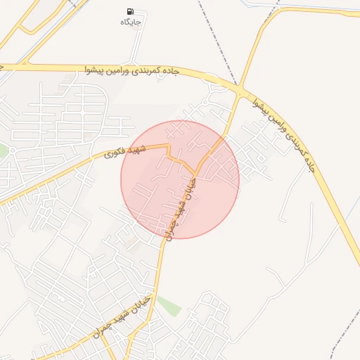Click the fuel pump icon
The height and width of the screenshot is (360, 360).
coord(131,12)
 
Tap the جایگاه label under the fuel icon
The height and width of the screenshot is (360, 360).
coord(131,22)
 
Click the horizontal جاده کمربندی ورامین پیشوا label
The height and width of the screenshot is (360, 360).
coord(133,71)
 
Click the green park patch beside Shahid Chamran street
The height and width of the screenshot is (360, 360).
coord(168,306)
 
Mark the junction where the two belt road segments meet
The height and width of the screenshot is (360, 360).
coord(240,91)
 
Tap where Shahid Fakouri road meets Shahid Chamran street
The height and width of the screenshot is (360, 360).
coord(195,174)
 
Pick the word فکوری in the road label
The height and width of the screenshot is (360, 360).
coord(115,154)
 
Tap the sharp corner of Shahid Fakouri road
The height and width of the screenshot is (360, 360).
coord(169,147)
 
